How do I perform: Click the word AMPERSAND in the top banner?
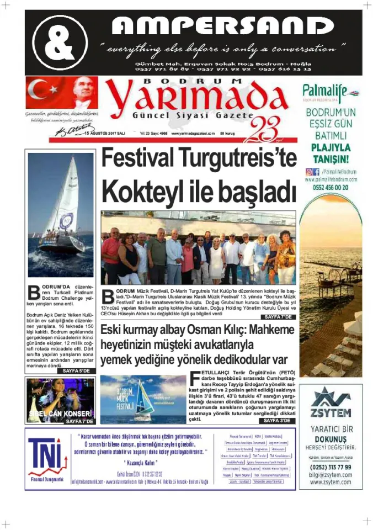pos(222,26)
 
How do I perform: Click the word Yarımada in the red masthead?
pos(203,98)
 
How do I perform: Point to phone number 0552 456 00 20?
pos(330,187)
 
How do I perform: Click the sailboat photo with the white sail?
pos(61,215)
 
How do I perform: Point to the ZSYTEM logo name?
pos(331,413)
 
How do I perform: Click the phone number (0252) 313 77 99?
pos(331,467)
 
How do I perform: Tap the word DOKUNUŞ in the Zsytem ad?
pos(331,440)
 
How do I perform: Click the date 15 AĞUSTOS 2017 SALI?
pos(105,134)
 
